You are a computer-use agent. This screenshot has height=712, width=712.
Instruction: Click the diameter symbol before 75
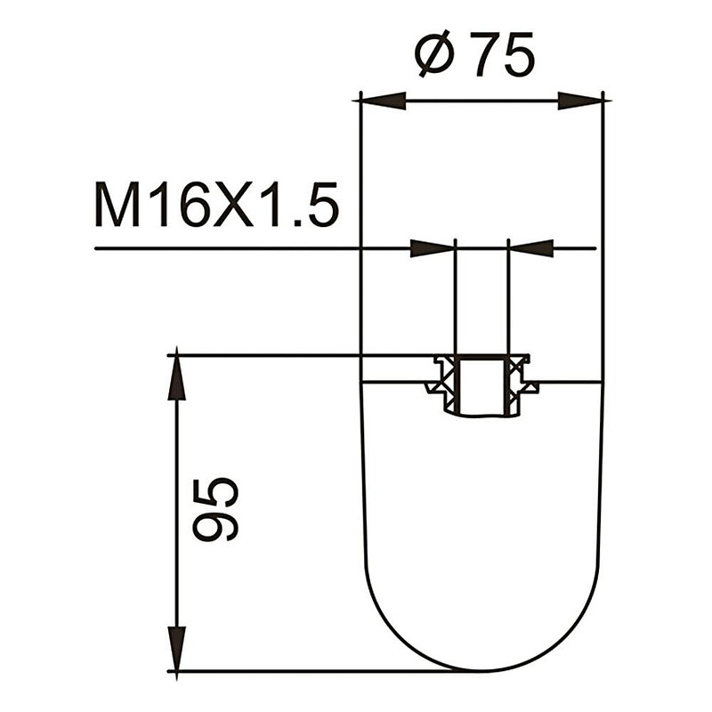tap(435, 53)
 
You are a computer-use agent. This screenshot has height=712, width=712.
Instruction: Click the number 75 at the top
tap(503, 54)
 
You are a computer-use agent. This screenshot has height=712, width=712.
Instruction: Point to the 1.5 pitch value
tap(300, 205)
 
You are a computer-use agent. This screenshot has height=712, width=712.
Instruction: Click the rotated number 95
tap(215, 509)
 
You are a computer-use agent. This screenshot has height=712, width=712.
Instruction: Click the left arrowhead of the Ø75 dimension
tap(383, 101)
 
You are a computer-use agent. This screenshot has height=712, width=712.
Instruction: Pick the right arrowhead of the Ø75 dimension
tap(581, 101)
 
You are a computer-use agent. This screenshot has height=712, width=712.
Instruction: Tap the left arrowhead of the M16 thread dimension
tap(433, 248)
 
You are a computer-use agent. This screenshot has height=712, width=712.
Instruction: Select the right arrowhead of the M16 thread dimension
tap(530, 248)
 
